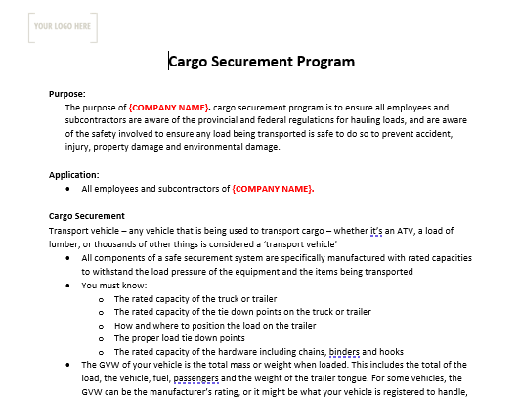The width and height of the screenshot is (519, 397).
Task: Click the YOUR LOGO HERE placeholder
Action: click(63, 27)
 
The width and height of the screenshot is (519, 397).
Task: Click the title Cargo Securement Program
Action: click(261, 62)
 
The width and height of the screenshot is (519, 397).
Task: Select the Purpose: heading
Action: click(67, 94)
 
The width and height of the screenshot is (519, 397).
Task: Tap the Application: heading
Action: click(74, 175)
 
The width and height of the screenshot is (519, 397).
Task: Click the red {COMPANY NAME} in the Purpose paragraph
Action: click(169, 107)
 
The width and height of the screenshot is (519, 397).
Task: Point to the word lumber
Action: click(65, 243)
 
